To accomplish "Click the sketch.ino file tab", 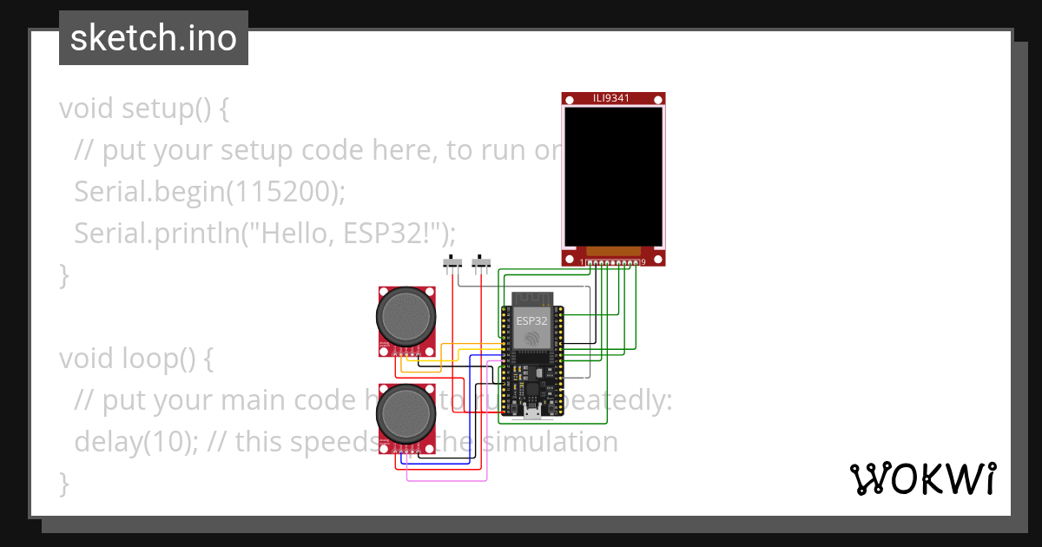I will coord(154,38).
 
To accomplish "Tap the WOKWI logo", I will coord(921,478).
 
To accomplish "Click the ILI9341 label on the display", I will coord(613,98).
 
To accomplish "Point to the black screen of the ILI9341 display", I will coord(613,176).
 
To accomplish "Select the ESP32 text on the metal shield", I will coord(531,320).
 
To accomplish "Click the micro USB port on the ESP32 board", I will coord(531,412).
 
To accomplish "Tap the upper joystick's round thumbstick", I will coord(405,315).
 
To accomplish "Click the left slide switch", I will coord(452,261).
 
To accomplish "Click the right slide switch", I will coord(480,261).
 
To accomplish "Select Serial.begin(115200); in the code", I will coord(209,191).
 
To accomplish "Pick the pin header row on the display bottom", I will coord(613,261).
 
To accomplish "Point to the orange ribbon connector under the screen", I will coord(613,251).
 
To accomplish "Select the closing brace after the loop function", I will coord(63,482).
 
